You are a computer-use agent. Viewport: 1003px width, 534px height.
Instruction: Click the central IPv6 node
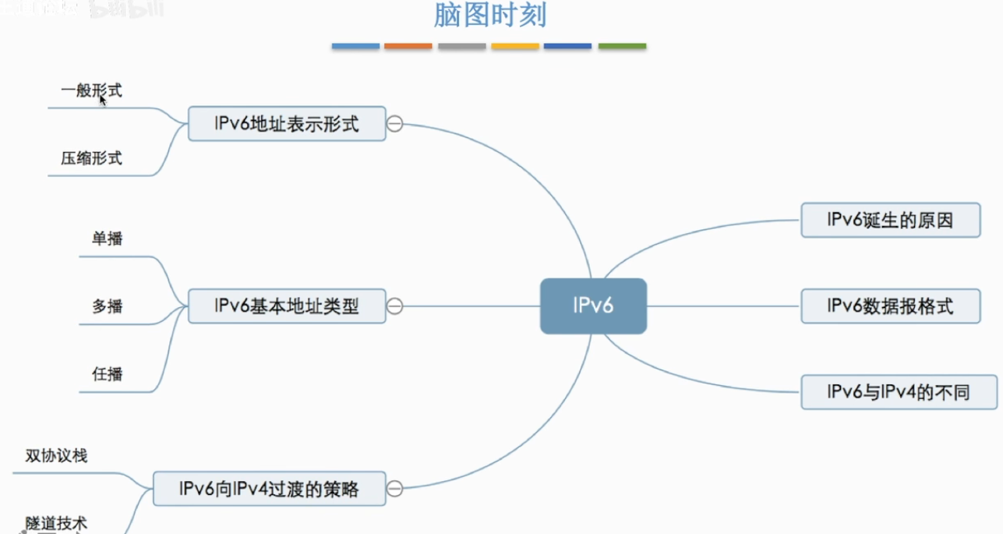[x=593, y=306]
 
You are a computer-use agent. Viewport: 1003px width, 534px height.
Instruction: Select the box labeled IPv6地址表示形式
[x=287, y=123]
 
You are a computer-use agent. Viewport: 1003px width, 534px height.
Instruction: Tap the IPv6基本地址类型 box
[x=287, y=306]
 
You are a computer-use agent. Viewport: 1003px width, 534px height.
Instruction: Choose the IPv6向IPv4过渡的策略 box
[x=269, y=489]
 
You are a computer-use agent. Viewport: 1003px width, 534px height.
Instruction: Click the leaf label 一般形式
[x=91, y=91]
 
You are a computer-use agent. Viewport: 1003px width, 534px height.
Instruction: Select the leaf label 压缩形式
[x=91, y=158]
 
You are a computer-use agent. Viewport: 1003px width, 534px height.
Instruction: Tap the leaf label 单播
[x=107, y=239]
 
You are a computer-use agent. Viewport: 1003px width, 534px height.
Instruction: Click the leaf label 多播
[x=107, y=306]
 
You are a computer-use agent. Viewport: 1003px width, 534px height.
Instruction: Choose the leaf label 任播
[x=107, y=374]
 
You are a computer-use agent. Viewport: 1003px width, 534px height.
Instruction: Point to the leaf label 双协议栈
[x=56, y=455]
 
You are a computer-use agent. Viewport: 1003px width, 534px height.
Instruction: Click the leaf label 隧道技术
[x=56, y=523]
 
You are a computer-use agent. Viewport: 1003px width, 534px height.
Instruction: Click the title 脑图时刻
[x=489, y=16]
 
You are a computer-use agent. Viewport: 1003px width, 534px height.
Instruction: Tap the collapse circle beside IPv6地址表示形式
[x=395, y=124]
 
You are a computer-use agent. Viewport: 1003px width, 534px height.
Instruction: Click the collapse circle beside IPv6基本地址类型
[x=395, y=306]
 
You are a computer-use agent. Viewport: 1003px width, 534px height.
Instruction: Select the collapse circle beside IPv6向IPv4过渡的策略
[x=395, y=489]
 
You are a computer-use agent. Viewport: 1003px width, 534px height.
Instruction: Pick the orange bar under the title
[x=408, y=47]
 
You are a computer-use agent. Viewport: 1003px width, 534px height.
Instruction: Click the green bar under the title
[x=622, y=47]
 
